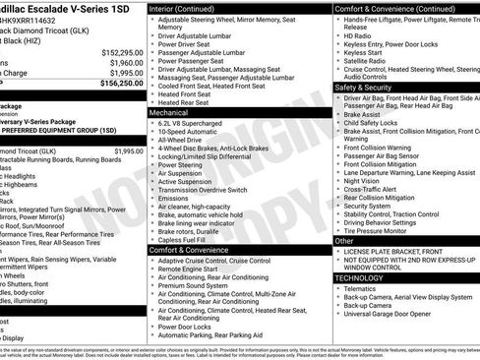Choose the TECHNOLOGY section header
358,278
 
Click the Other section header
344,240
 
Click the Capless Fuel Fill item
186,239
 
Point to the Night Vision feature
362,181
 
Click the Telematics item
362,288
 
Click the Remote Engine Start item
192,268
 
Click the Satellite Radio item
367,59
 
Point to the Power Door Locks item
189,328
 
